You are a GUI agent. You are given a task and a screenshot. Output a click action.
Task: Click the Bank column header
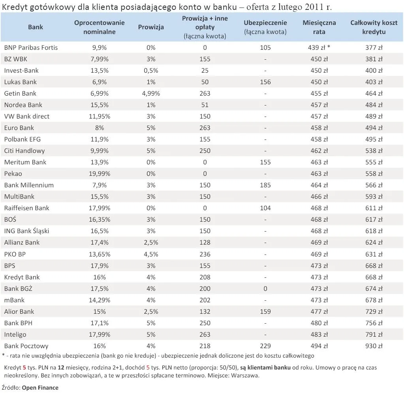[36, 27]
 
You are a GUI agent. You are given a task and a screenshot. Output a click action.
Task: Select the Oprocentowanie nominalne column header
[99, 27]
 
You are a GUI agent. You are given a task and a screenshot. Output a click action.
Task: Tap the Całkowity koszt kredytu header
[374, 27]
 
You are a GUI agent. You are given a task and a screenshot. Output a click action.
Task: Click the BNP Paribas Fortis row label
[31, 47]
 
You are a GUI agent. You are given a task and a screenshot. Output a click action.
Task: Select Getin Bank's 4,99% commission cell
[151, 93]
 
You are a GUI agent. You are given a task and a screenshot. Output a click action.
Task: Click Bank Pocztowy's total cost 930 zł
[374, 346]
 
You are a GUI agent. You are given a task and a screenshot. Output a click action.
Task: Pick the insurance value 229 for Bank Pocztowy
[265, 346]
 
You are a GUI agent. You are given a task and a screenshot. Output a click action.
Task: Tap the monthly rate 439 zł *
[319, 47]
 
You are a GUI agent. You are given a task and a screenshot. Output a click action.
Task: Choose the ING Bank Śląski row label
[26, 231]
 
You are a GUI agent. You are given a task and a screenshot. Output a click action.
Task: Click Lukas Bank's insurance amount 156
[265, 82]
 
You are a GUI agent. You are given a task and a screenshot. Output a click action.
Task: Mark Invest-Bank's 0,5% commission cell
[151, 70]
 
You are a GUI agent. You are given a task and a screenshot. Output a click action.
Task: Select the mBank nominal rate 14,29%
[99, 300]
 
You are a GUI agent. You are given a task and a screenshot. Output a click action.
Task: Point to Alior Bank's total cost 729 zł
[374, 311]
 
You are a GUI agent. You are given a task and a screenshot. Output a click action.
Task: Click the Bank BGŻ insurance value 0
[265, 288]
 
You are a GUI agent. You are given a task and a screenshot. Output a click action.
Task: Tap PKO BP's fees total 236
[205, 254]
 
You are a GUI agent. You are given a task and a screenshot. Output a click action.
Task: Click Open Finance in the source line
[40, 388]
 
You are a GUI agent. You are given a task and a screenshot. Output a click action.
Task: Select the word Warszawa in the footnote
[245, 375]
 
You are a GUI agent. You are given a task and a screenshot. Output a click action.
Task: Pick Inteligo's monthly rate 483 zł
[319, 334]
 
